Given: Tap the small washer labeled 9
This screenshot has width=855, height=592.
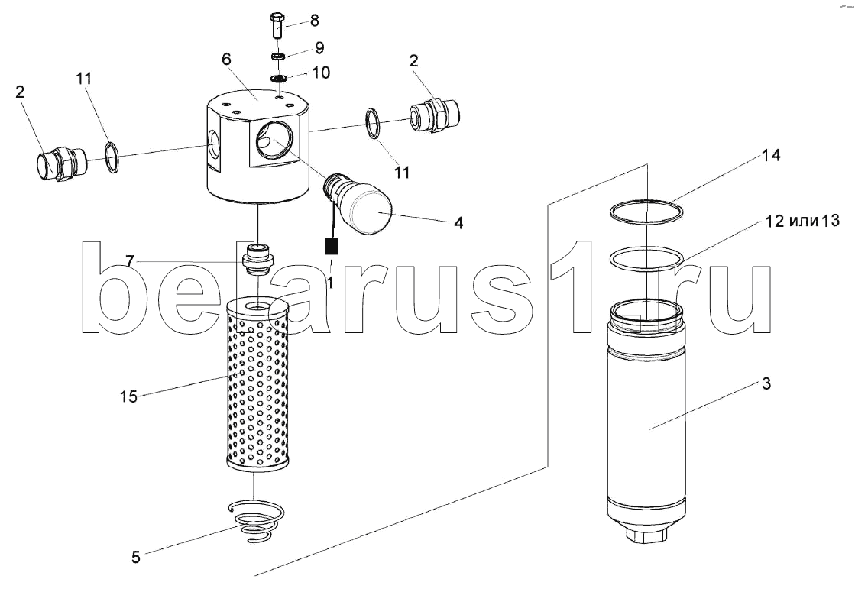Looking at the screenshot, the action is point(278,56).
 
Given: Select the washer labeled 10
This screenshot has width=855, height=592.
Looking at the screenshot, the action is point(278,78).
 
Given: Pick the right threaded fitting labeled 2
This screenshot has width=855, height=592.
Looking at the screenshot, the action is point(435,115).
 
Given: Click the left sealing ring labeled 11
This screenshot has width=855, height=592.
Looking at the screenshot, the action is point(112,158).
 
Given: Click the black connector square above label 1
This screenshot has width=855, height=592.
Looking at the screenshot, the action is point(331,247).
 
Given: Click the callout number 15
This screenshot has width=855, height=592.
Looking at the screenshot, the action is point(128,396).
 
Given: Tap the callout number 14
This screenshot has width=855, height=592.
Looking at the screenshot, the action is point(770,156).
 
